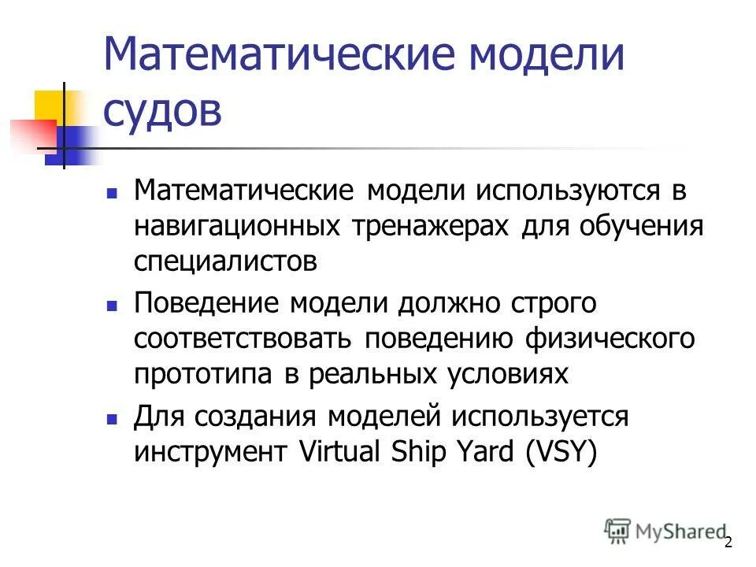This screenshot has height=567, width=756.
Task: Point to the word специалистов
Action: (225, 261)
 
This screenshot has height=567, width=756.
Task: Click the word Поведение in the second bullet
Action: (206, 302)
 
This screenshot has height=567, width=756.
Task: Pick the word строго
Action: (554, 302)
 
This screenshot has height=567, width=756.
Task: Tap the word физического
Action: (615, 338)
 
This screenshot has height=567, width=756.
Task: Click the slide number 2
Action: (728, 542)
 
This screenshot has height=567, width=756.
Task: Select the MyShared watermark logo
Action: (665, 532)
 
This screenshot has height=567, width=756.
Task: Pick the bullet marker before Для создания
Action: (113, 418)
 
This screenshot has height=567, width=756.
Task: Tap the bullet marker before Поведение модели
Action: (113, 304)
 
